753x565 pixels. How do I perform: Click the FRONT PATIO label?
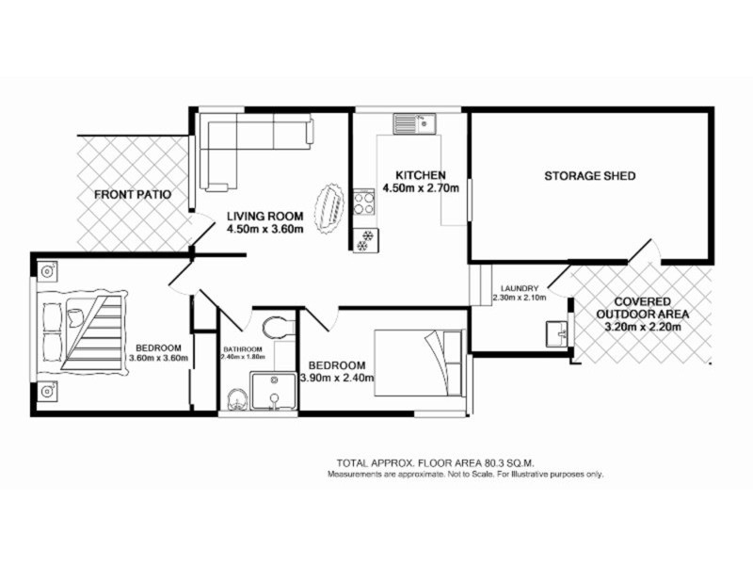click(x=132, y=196)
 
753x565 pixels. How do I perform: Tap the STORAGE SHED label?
click(x=590, y=176)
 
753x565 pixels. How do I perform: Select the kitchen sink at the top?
click(x=412, y=122)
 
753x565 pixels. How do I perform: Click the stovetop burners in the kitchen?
click(x=363, y=202)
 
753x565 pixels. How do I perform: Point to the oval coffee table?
click(x=329, y=207)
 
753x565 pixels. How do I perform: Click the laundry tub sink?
click(x=555, y=331)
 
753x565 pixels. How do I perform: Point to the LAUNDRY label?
click(x=519, y=288)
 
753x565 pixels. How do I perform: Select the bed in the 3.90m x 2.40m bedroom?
click(x=421, y=358)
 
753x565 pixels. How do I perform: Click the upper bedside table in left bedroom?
click(x=47, y=271)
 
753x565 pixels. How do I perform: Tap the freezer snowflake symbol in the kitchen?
click(x=362, y=240)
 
